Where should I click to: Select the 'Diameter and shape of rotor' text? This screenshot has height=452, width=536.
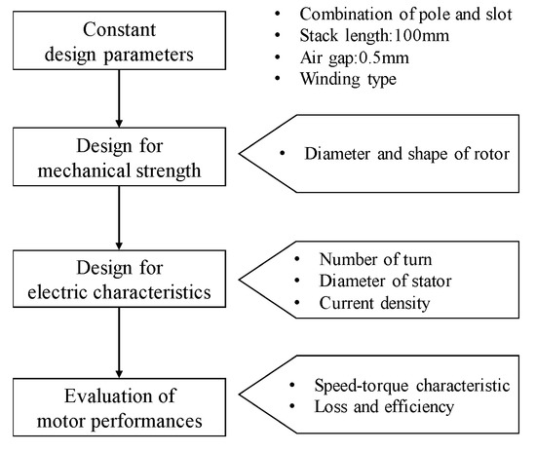(407, 153)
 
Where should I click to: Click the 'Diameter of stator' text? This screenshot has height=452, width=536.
(384, 282)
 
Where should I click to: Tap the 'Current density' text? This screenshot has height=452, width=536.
(374, 304)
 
